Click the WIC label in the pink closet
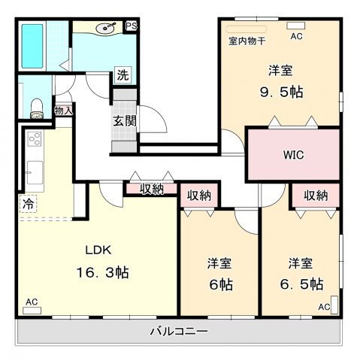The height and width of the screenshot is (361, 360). [293, 156]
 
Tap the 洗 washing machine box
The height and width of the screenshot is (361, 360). [122, 75]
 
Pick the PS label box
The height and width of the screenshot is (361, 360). [131, 26]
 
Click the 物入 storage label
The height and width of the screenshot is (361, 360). [63, 111]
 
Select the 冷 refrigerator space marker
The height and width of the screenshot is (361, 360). [27, 204]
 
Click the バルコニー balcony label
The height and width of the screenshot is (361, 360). [179, 331]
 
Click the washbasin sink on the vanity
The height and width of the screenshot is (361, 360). [104, 29]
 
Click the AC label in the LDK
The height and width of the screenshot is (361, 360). [32, 302]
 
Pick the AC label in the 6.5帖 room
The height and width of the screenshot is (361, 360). [323, 307]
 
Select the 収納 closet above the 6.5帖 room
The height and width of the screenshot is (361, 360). [316, 195]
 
